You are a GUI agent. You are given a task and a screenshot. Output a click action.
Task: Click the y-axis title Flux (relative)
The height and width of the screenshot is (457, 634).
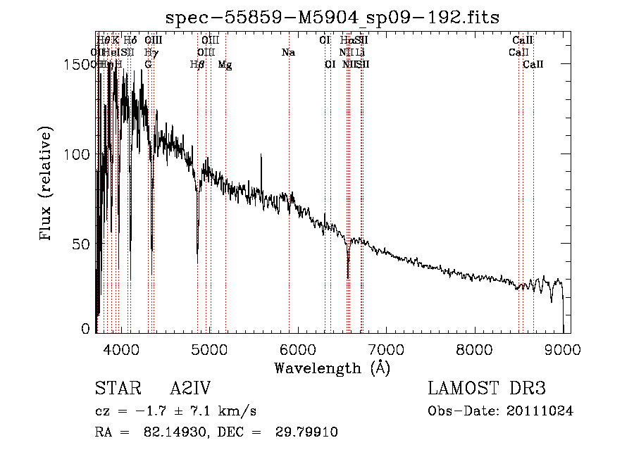coord(47,185)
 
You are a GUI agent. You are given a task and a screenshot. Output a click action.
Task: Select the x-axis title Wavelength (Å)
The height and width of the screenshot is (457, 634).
coord(332,367)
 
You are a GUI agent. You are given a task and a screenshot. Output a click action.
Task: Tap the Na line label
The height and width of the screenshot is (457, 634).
coord(288,53)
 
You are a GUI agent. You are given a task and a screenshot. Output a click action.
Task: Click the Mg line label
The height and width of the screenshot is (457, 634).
coord(225,65)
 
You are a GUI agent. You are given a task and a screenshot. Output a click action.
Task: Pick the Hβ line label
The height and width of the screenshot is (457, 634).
coord(198,65)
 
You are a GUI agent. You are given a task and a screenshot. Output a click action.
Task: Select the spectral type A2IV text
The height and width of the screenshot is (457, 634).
coord(190,389)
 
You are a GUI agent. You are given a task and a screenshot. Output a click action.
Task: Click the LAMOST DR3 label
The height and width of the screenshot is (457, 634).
coord(487,389)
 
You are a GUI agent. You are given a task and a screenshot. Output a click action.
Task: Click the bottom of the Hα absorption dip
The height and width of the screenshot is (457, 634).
coord(348,277)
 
